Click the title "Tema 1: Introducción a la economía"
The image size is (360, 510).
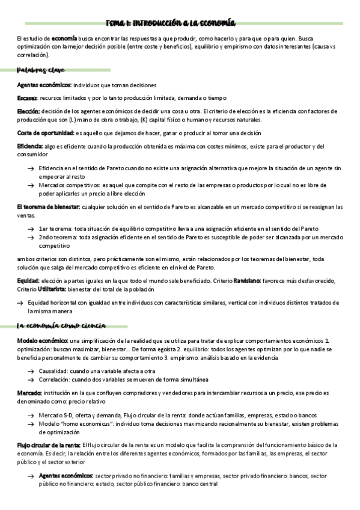tap(171, 22)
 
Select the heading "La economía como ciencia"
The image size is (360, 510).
tap(62, 325)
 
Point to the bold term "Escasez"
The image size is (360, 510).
tap(28, 98)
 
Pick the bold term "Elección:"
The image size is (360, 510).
tap(29, 111)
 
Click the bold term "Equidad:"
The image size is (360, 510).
tap(28, 281)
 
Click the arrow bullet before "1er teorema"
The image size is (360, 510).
tap(31, 229)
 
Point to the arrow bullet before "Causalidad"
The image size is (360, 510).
tap(31, 372)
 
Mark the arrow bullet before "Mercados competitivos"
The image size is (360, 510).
tap(31, 186)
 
